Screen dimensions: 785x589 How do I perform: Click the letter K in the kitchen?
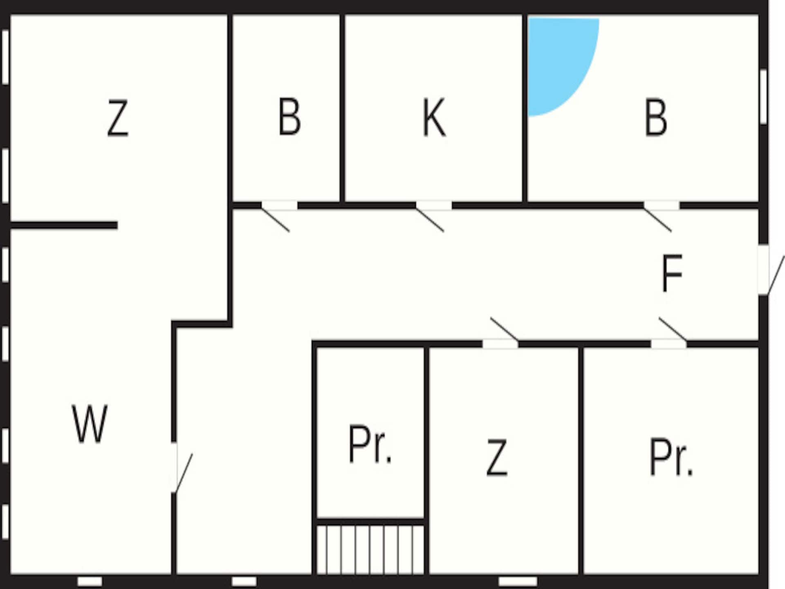pos(434,117)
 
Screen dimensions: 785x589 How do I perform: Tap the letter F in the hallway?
pos(672,273)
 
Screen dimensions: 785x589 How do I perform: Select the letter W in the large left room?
pos(90,424)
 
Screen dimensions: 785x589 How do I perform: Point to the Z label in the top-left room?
pos(118,118)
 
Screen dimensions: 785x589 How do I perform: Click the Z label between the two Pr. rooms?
pos(497,457)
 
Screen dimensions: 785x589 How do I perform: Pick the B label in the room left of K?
pos(289,117)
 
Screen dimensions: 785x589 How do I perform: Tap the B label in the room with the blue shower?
pos(656,117)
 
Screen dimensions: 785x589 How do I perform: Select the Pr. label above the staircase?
pos(370,445)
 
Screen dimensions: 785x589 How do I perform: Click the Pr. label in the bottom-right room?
pos(671,457)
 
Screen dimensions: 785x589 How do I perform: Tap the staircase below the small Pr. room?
pos(370,549)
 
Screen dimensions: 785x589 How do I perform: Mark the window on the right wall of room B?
pos(763,97)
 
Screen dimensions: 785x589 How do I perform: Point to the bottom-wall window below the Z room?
pos(518,581)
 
